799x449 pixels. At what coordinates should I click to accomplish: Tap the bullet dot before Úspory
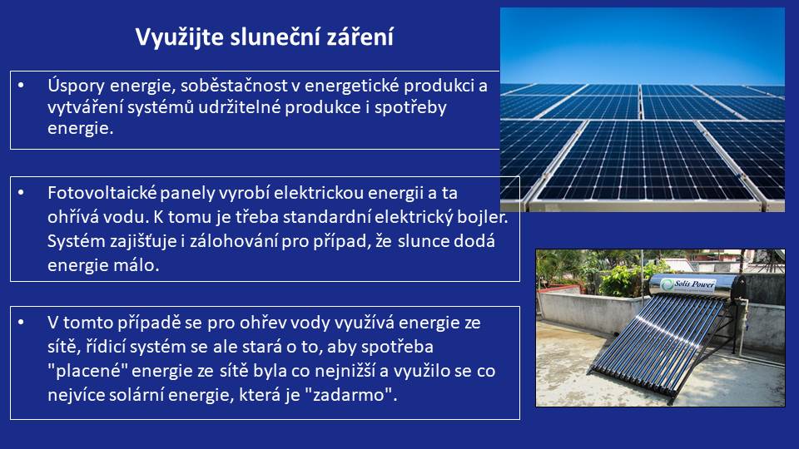[x=21, y=86]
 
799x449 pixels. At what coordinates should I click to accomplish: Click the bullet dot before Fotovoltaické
[x=21, y=193]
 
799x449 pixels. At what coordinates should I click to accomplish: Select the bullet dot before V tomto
[x=21, y=323]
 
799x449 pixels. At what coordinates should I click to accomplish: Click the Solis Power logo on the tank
[x=689, y=285]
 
